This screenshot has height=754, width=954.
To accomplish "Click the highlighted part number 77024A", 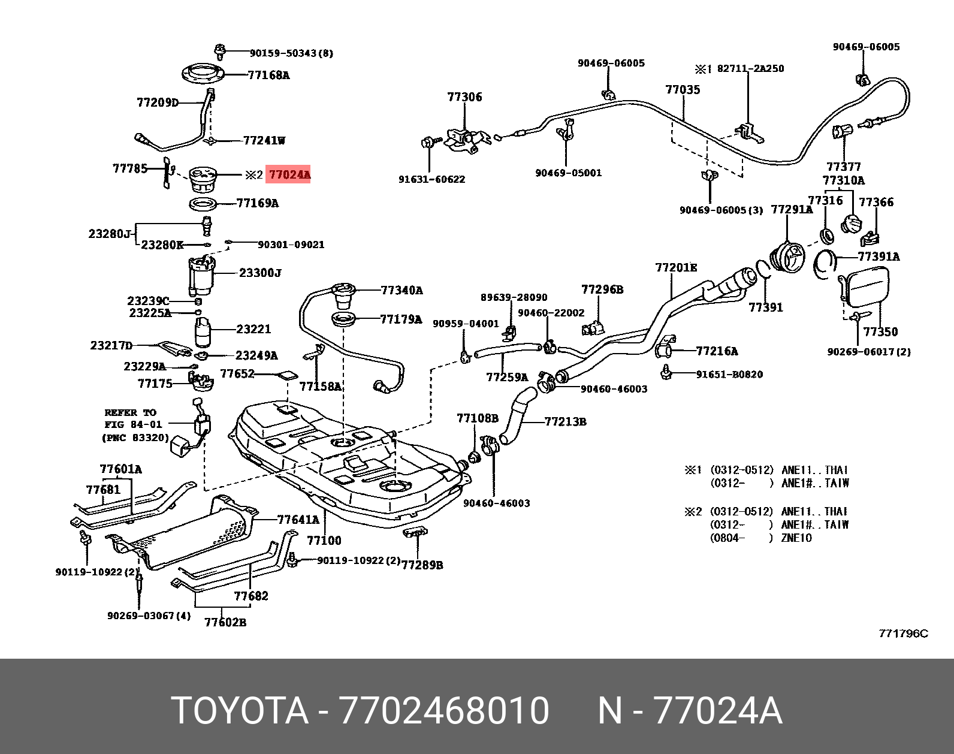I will [288, 174].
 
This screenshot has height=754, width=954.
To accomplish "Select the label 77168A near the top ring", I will [268, 76].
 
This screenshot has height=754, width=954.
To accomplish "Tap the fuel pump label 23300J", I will [260, 273].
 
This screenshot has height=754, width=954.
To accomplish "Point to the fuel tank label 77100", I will [324, 541].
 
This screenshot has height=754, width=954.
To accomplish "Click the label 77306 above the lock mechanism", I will [464, 97].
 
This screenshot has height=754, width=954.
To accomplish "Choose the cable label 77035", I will [683, 90].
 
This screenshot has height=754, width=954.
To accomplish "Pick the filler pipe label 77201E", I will [676, 268].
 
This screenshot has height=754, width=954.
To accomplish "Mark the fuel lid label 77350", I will [880, 331].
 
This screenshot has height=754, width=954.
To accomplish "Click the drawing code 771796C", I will [902, 634].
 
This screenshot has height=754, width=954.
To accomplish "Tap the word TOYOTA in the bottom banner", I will [240, 711].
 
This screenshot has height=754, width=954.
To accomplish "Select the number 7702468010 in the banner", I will [444, 711].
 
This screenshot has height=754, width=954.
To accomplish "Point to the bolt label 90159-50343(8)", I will [291, 53].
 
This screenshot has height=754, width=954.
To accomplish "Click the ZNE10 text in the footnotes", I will [796, 538].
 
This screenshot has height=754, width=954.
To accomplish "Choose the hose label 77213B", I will [565, 422].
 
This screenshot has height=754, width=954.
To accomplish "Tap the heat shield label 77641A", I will [298, 520].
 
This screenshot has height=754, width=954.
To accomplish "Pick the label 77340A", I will [401, 291].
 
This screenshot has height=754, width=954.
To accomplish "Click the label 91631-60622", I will [431, 179].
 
